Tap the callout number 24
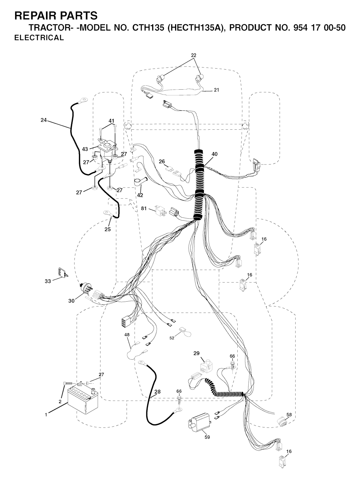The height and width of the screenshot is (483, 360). [44, 120]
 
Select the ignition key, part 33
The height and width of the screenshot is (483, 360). [63, 272]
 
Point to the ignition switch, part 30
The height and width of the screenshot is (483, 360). [85, 290]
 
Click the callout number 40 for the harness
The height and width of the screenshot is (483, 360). [215, 154]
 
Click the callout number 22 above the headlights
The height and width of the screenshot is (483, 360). [194, 55]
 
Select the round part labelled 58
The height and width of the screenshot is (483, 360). [281, 421]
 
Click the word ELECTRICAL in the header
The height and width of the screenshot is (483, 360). [39, 38]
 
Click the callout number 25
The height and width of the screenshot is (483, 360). [108, 230]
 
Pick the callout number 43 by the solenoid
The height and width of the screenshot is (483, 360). [85, 149]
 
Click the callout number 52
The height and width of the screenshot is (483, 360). [172, 338]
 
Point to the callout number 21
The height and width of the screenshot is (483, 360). [217, 90]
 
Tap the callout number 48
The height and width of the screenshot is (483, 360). [127, 335]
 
